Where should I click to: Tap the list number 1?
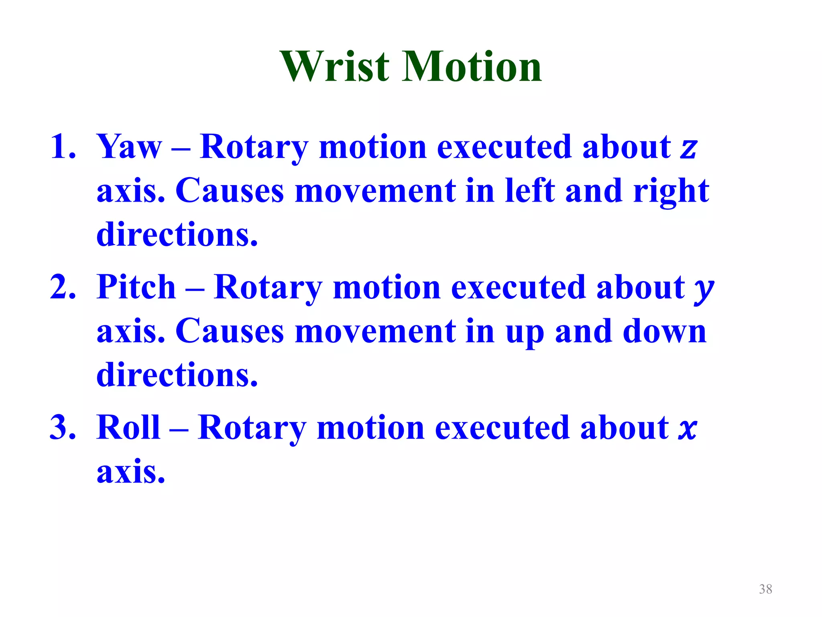[x=62, y=147]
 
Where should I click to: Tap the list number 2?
[x=62, y=287]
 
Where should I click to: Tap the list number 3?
[x=62, y=427]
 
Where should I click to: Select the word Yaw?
[x=129, y=147]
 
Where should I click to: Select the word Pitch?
[x=136, y=287]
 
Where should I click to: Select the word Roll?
[x=128, y=427]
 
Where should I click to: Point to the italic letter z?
[x=689, y=149]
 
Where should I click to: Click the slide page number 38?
[x=765, y=589]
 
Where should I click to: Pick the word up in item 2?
[x=525, y=333]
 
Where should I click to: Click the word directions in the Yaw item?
[x=177, y=235]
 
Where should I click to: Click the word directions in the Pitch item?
[x=177, y=375]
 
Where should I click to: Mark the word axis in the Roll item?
[x=130, y=472]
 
